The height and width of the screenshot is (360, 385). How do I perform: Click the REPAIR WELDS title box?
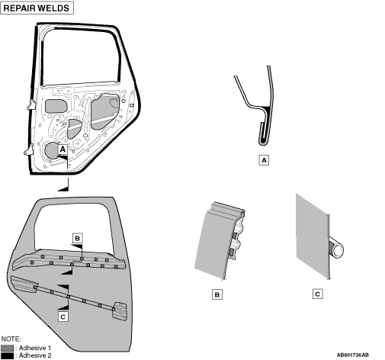[x=37, y=8]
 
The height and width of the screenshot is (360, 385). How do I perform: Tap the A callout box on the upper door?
[x=63, y=149]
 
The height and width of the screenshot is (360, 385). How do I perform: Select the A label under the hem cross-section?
[x=264, y=160]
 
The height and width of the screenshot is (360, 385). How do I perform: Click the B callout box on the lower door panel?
[x=78, y=238]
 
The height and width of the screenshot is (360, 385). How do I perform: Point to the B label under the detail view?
[x=217, y=294]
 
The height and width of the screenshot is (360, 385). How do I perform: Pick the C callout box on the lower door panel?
[x=63, y=317]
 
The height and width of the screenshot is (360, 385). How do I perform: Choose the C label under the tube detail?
[x=317, y=294]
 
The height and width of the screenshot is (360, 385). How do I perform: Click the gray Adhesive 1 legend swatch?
[x=7, y=348]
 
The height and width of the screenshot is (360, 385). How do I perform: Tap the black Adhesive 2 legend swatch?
[x=7, y=355]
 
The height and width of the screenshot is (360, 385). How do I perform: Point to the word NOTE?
[x=11, y=339]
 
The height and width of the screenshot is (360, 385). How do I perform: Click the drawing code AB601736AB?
[x=352, y=355]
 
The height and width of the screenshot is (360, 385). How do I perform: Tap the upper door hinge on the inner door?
[x=31, y=104]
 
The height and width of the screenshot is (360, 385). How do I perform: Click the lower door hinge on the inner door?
[x=29, y=149]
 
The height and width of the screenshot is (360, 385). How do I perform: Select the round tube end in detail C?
[x=338, y=250]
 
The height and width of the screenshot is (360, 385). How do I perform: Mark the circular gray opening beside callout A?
[x=52, y=150]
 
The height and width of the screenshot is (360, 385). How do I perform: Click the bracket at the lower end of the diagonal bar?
[x=120, y=310]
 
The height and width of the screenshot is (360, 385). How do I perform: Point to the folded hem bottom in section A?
[x=264, y=143]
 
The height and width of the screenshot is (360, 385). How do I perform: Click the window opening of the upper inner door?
[x=80, y=57]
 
